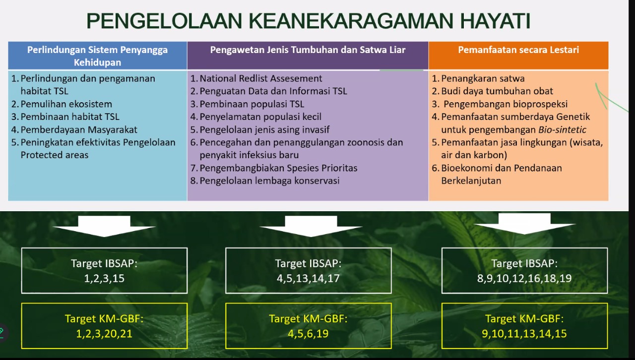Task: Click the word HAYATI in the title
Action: point(495,21)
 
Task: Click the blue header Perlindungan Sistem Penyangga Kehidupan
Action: point(97,56)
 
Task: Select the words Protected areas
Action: point(55,155)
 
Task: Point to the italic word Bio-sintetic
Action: point(563,130)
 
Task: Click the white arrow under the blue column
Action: point(104,226)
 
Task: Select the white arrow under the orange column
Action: point(524,224)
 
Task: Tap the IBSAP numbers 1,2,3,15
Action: point(104,278)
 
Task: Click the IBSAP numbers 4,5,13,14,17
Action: point(308,278)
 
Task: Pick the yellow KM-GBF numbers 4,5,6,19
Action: point(308,334)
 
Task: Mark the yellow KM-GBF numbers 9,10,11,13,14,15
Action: point(524,334)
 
